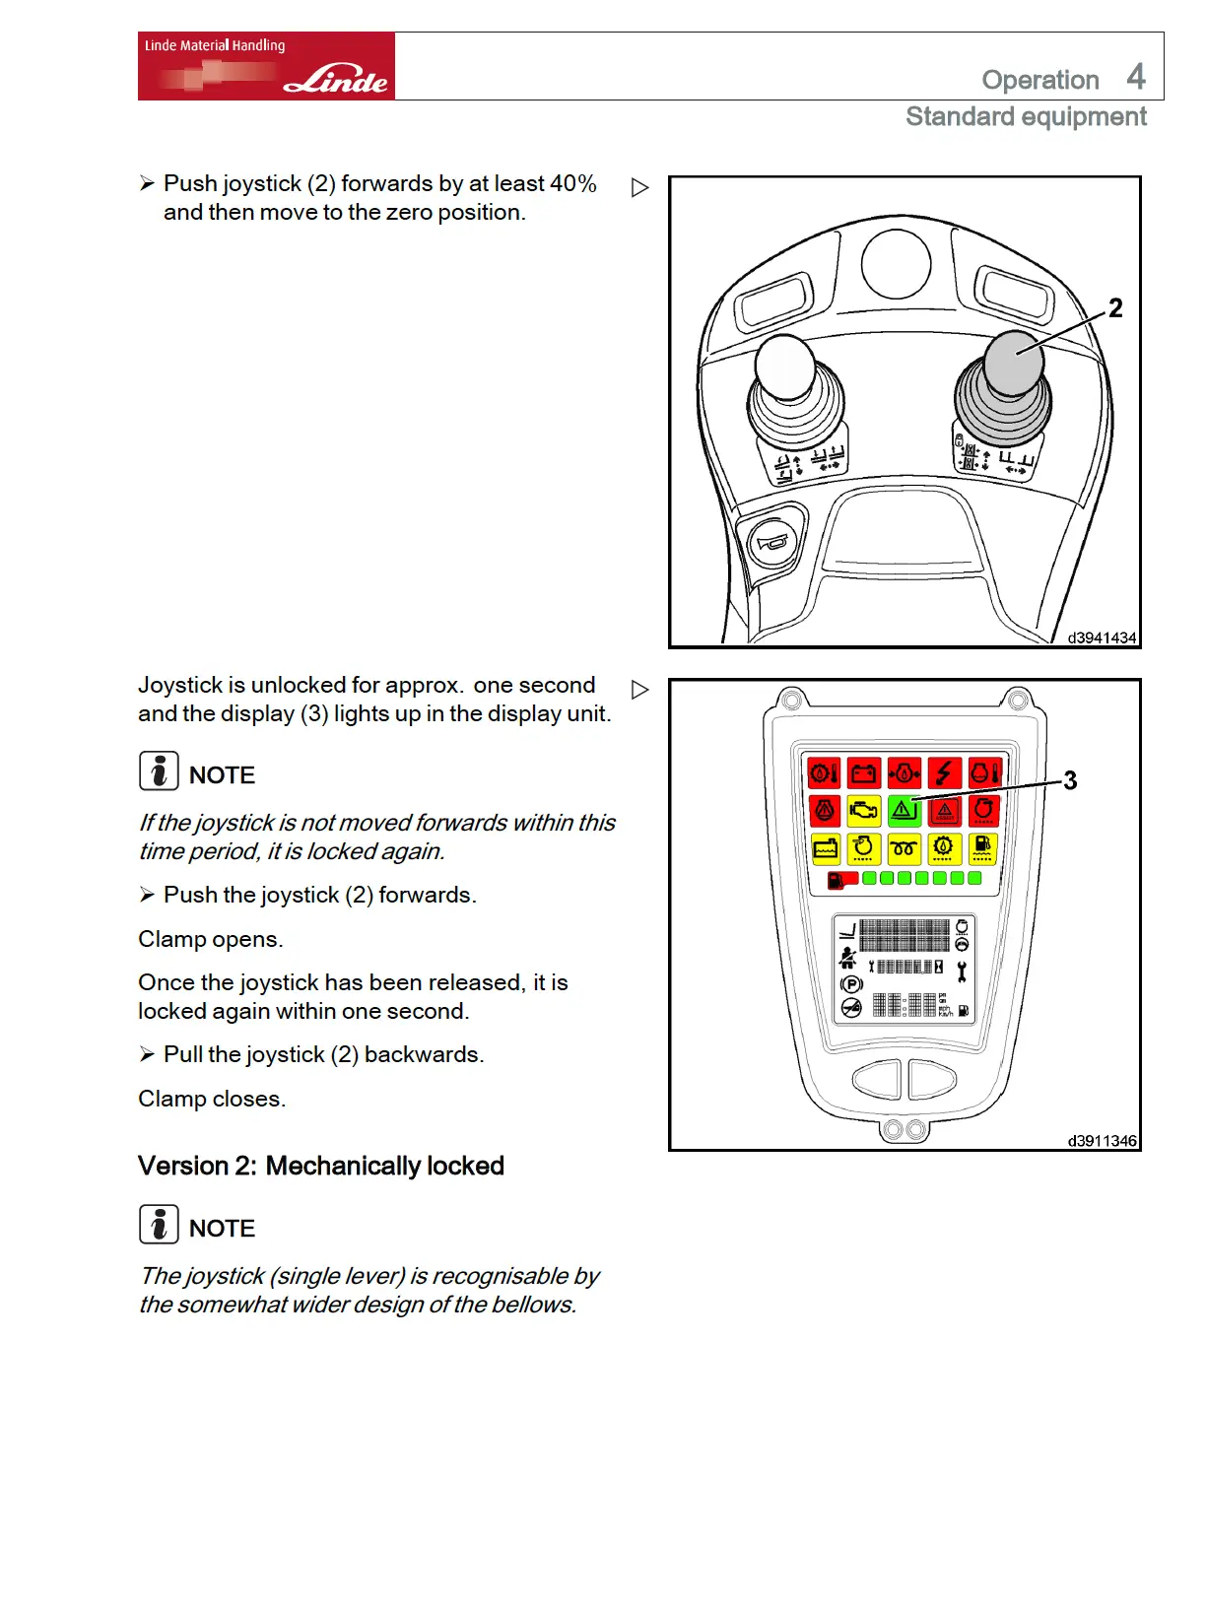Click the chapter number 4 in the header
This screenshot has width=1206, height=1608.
pos(1136,76)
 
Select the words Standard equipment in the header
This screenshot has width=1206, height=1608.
pos(1026,117)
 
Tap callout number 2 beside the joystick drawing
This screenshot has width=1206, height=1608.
pos(1115,308)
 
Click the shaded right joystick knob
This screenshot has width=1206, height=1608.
pos(1013,361)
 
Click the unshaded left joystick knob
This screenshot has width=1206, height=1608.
pos(785,366)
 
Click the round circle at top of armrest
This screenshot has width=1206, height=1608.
pos(896,263)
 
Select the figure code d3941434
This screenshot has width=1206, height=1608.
pos(1102,637)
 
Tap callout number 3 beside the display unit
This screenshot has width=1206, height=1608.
pos(1070,781)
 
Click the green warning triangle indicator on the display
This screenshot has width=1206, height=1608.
pos(904,811)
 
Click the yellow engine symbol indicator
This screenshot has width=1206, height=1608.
pos(864,811)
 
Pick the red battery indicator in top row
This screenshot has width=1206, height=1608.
pos(864,773)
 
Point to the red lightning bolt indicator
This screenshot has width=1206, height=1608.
pos(944,773)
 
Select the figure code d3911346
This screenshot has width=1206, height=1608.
pos(1102,1141)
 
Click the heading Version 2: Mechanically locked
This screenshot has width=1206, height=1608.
pos(321,1167)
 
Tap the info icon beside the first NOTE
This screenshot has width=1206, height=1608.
pos(159,771)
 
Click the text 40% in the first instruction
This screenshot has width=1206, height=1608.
pos(573,184)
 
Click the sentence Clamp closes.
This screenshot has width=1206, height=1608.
pos(212,1099)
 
